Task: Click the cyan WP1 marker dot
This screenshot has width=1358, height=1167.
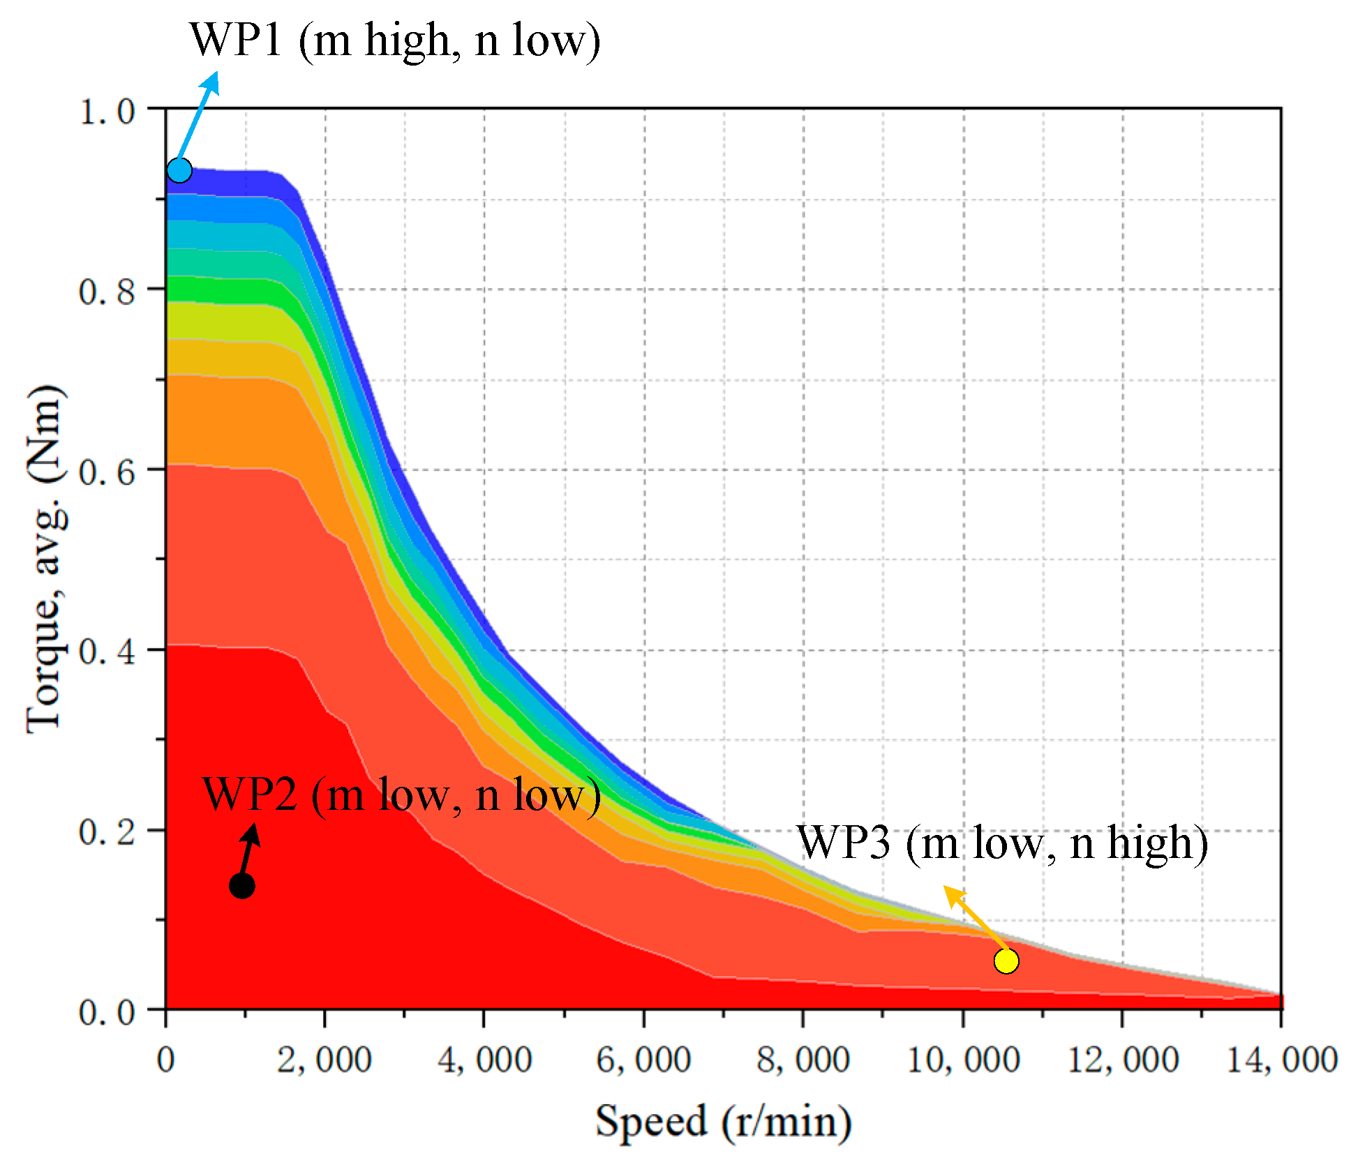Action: click(179, 170)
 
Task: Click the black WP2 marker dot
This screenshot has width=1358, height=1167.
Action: click(241, 886)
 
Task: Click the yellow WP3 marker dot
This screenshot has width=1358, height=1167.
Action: click(1006, 961)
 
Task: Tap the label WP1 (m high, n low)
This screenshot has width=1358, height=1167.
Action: click(395, 40)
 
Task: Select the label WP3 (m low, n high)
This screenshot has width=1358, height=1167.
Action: click(1002, 843)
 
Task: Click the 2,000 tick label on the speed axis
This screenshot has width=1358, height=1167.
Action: click(324, 1060)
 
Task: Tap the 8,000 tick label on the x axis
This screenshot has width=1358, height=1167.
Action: click(803, 1060)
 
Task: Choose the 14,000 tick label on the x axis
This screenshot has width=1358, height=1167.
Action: click(1281, 1060)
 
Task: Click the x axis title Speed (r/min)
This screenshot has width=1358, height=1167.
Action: click(723, 1121)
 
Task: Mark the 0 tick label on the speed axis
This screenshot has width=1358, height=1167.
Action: click(165, 1060)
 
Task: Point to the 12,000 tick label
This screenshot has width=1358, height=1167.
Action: click(1122, 1060)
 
